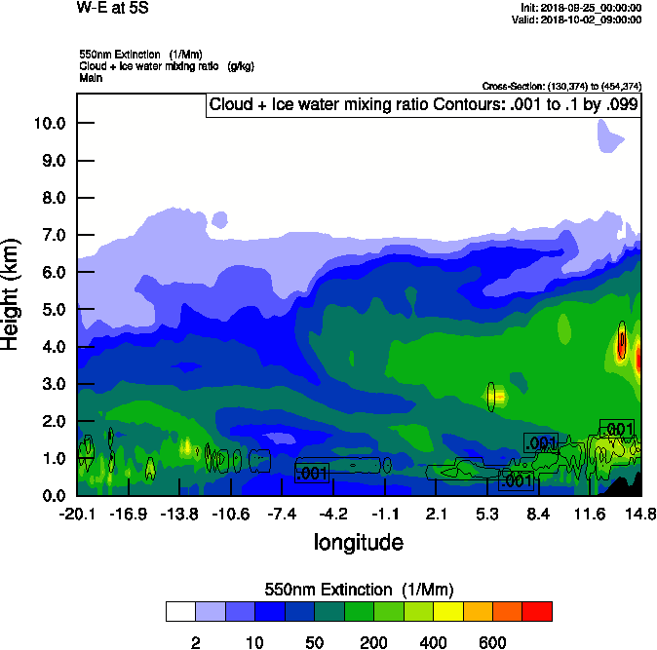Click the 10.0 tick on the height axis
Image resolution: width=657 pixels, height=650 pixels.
(x=48, y=123)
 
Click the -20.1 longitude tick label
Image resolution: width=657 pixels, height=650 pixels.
(x=77, y=514)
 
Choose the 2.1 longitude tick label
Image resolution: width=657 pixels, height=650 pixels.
(x=436, y=514)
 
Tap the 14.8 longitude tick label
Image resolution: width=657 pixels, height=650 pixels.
(x=640, y=514)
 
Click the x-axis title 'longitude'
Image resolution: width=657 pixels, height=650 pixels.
(x=358, y=541)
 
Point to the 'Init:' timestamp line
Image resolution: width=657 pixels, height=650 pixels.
(x=581, y=8)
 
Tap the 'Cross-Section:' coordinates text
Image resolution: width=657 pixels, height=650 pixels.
(x=561, y=86)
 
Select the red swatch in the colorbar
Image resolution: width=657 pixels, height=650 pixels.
(x=537, y=611)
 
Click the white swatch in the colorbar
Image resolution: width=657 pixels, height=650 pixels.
(x=180, y=611)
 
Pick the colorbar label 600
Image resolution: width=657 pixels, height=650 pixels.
(x=492, y=642)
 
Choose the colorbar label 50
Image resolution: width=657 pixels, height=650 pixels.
(x=315, y=642)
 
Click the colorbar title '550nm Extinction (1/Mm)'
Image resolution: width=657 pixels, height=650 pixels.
(x=359, y=590)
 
